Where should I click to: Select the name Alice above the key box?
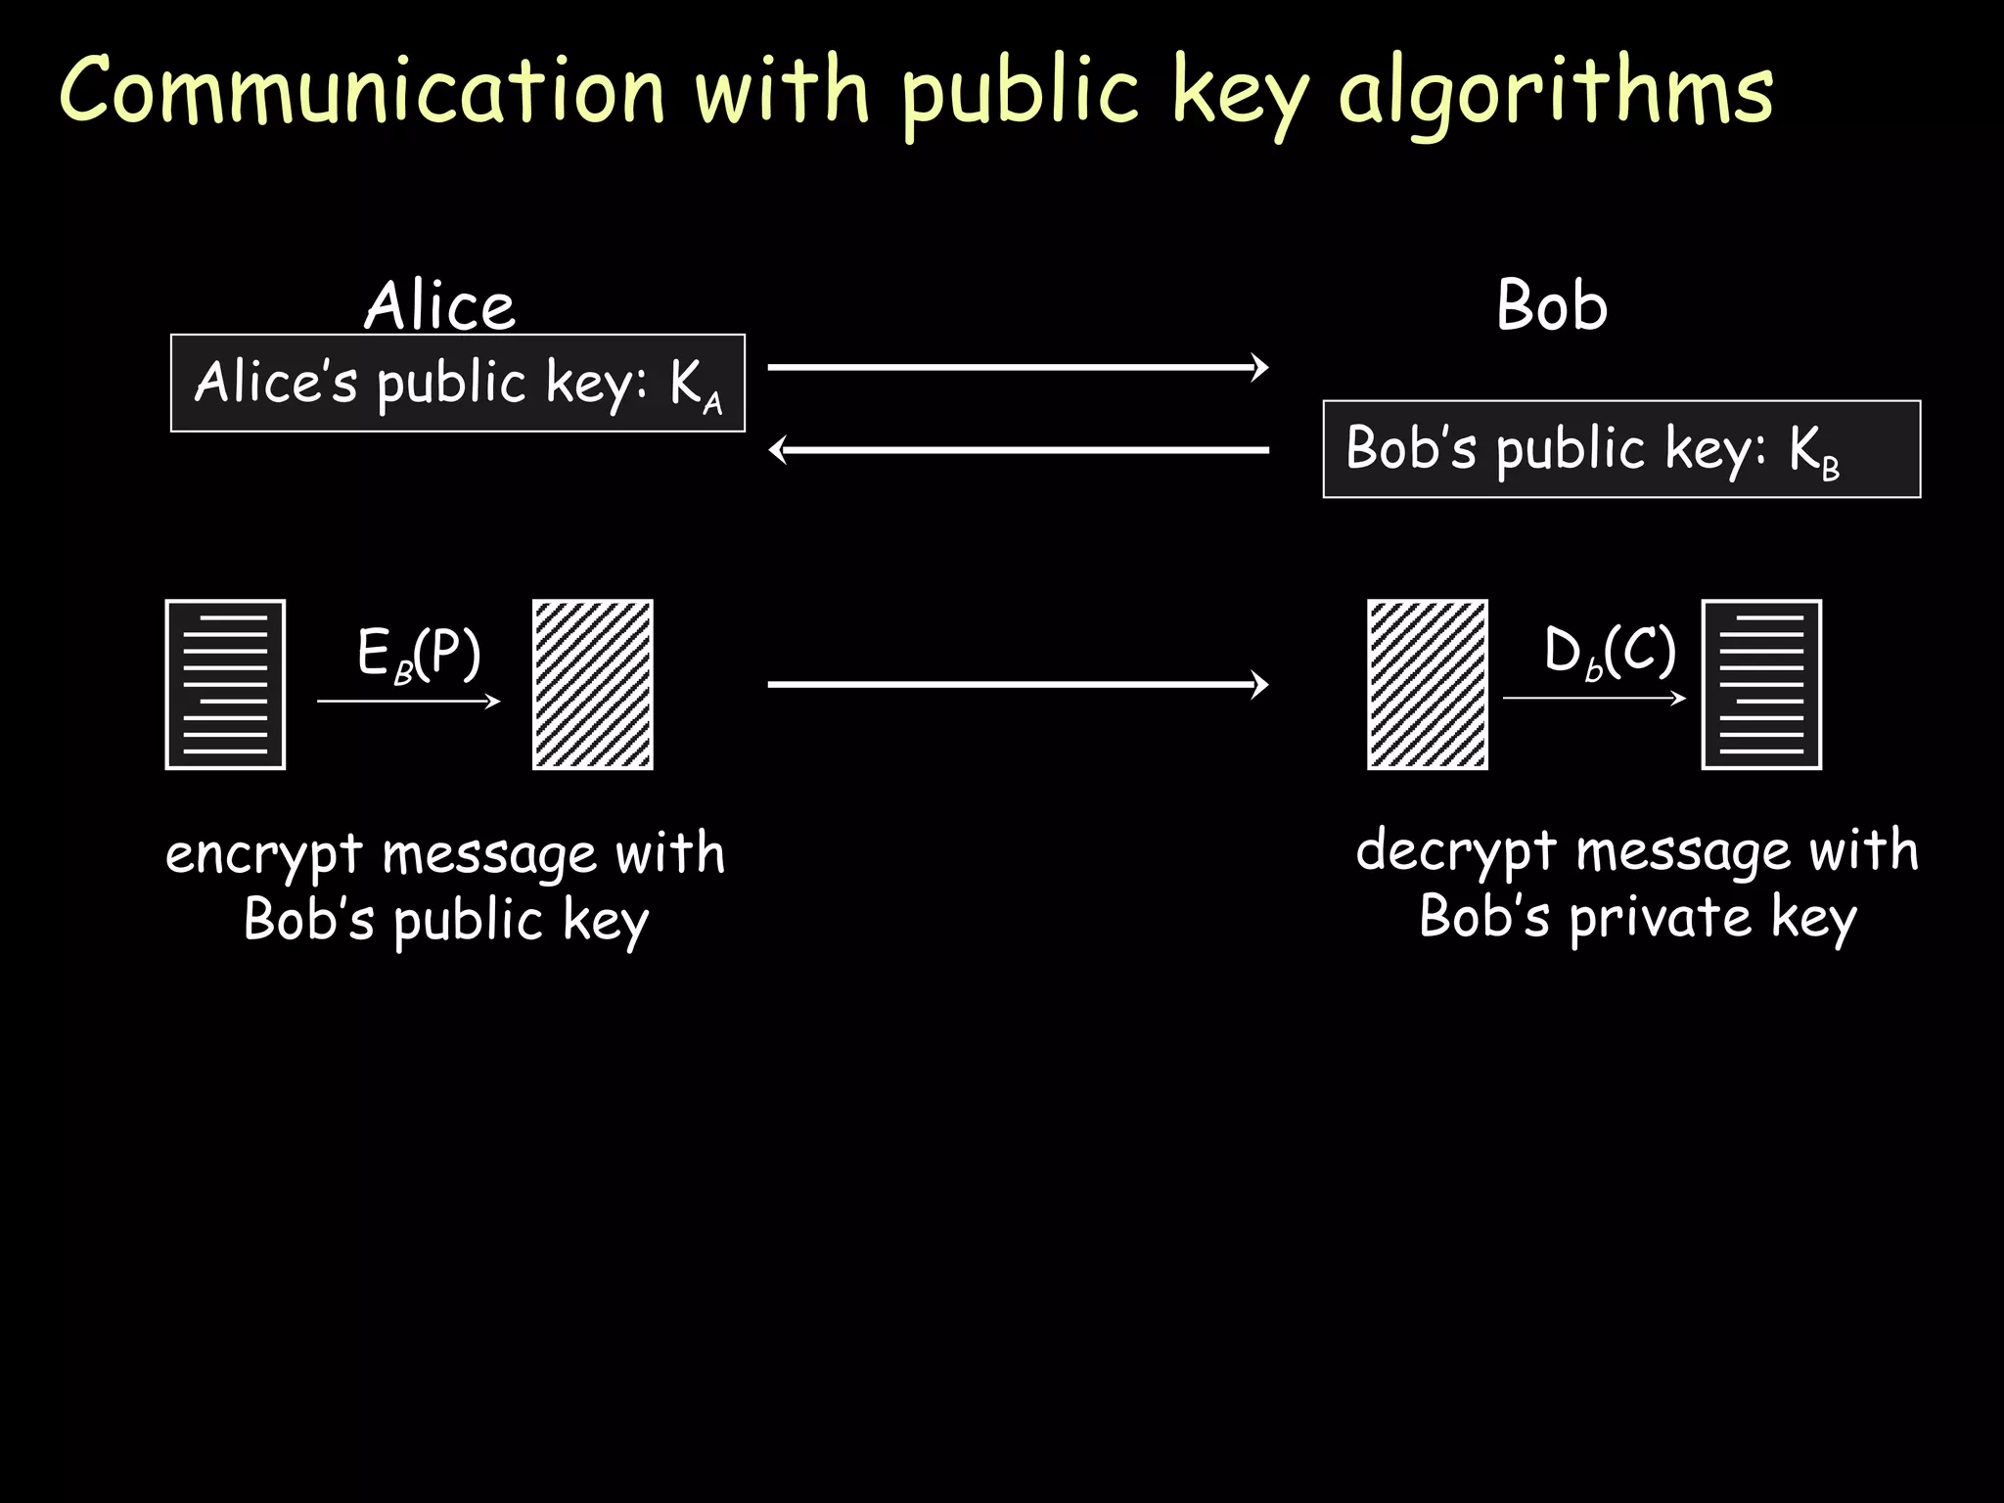439,305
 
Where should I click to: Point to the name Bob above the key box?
1552,305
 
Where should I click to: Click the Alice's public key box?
458,383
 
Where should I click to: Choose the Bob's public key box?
1621,449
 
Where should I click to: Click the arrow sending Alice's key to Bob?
1018,367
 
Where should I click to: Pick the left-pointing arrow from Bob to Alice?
1018,450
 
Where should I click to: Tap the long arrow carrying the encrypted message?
1018,684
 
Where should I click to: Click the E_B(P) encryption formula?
419,654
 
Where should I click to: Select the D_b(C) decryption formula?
1610,652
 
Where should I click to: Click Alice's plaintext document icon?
226,685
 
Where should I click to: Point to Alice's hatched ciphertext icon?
593,685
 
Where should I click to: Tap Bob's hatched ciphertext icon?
1428,685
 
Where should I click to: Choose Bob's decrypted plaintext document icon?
1761,685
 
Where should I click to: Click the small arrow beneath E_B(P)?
409,701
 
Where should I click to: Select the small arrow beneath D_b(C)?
1594,698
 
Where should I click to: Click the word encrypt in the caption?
264,855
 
